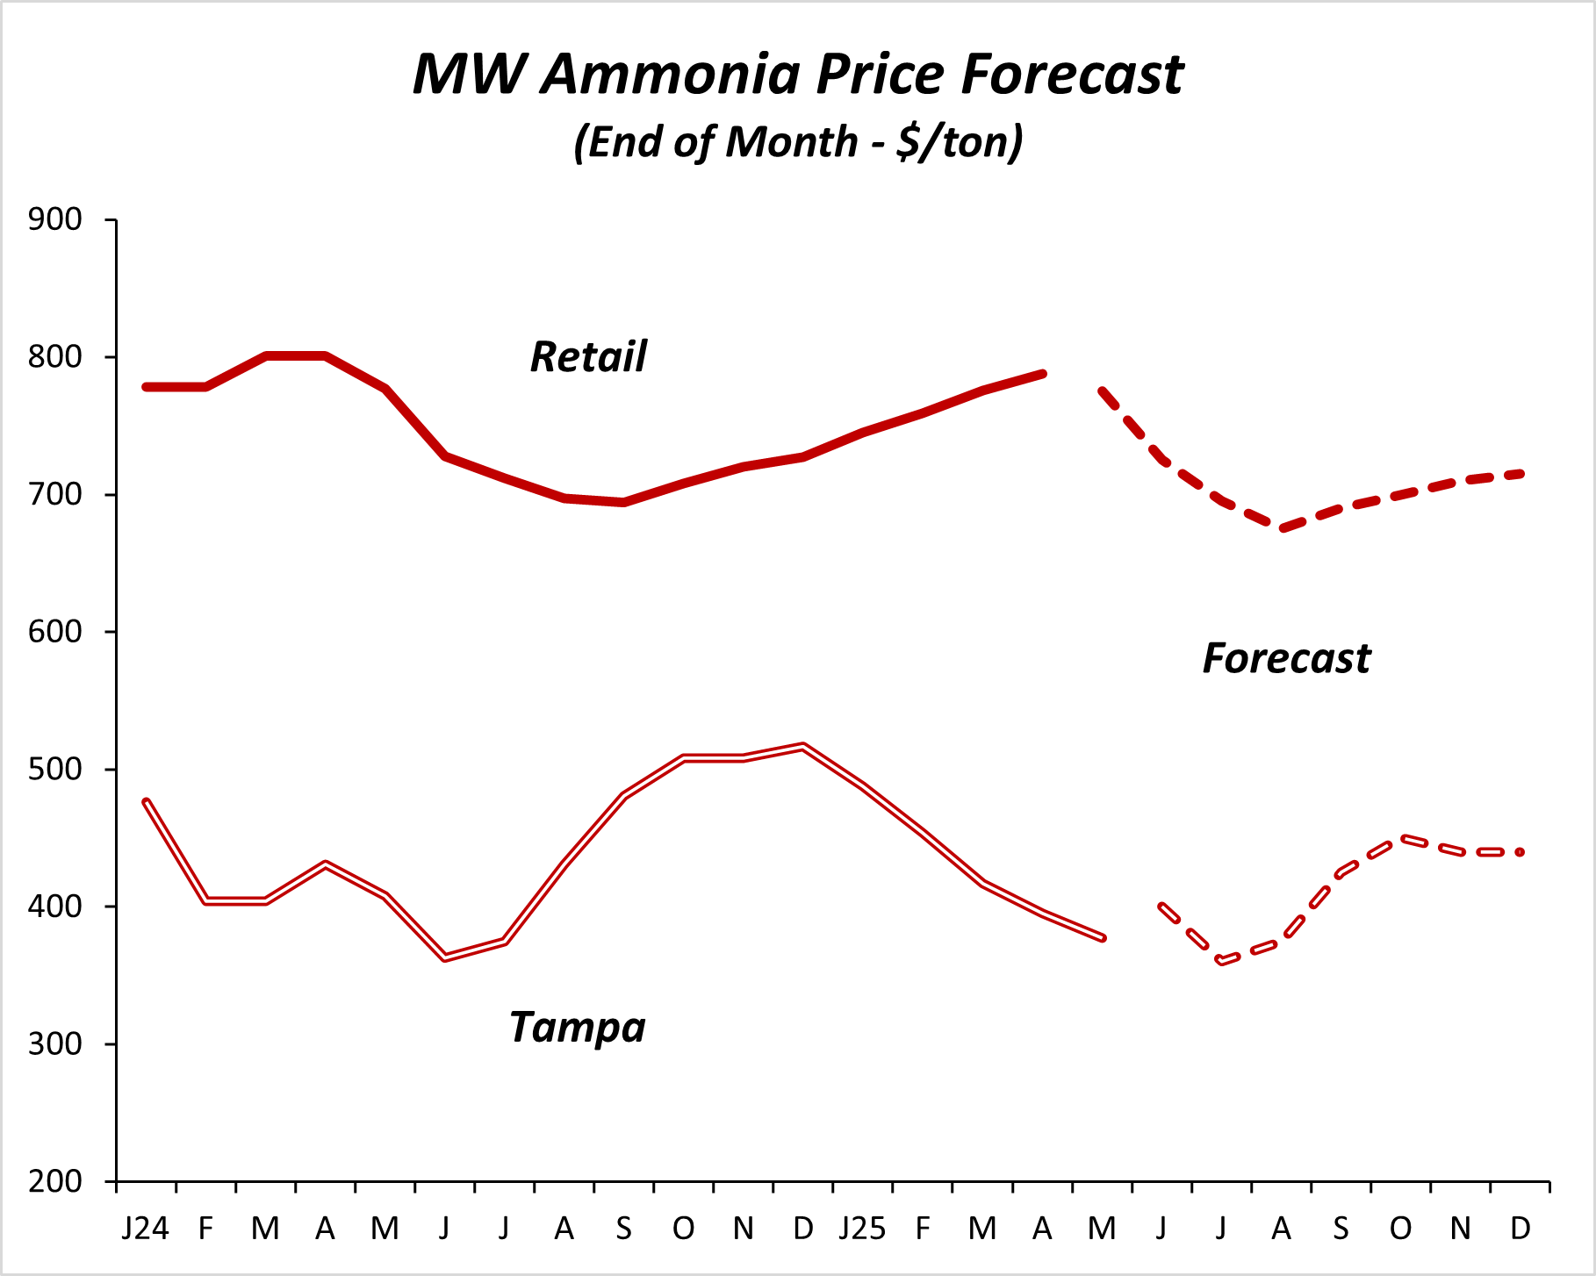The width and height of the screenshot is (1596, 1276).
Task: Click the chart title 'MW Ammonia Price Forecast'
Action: point(798,74)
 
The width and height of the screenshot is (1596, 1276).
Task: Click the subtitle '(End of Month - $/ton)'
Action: point(798,141)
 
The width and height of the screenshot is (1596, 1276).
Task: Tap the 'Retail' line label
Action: point(588,357)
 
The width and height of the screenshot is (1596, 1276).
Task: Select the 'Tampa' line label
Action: point(578,1027)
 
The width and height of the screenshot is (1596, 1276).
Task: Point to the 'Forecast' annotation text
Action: point(1286,658)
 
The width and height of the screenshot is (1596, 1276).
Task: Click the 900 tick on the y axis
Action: point(54,219)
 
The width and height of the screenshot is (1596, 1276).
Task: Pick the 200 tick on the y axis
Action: point(54,1181)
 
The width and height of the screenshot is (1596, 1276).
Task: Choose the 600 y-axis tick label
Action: point(54,632)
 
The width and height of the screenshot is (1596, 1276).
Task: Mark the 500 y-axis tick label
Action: point(54,770)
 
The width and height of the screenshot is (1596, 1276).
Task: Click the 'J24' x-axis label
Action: point(145,1229)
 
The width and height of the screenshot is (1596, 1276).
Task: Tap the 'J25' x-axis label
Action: point(862,1229)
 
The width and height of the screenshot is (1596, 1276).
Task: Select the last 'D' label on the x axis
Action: point(1521,1229)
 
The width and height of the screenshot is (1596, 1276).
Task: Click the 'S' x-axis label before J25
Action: point(623,1229)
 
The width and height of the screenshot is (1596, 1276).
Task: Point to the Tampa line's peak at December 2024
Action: point(803,746)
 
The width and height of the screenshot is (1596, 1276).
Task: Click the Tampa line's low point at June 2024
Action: point(445,957)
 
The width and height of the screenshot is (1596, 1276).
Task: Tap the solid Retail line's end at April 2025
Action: point(1042,374)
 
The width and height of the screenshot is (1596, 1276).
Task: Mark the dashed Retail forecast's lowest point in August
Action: point(1282,529)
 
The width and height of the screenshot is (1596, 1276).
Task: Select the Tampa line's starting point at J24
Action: point(146,801)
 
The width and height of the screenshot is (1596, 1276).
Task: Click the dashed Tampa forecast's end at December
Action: point(1521,852)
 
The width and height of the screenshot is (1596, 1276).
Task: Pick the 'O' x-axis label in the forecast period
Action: point(1400,1229)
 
